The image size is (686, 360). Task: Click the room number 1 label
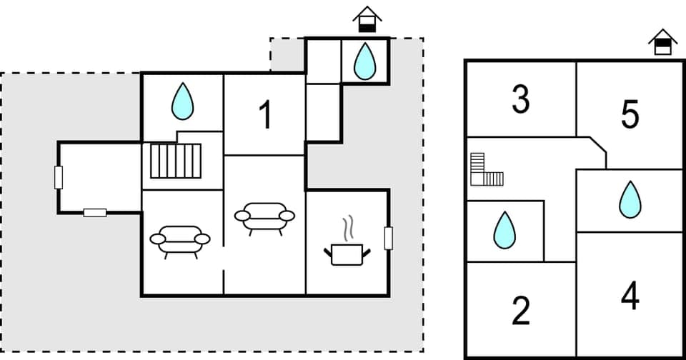click(x=265, y=115)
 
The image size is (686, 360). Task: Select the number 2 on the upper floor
click(x=521, y=310)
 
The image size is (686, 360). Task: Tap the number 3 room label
click(x=521, y=100)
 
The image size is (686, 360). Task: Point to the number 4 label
click(x=630, y=296)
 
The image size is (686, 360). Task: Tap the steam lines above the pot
click(x=348, y=229)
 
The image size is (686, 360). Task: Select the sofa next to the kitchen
click(x=264, y=218)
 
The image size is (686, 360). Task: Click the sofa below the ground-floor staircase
click(x=179, y=241)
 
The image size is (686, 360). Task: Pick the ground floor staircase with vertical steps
click(x=176, y=161)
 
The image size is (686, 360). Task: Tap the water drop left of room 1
click(x=183, y=101)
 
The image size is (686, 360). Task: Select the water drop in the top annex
click(x=365, y=61)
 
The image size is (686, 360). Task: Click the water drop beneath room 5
click(x=630, y=199)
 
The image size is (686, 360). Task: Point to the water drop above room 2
click(x=504, y=230)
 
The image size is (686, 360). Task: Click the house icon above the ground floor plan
click(x=367, y=19)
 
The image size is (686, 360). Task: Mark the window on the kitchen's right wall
click(x=389, y=238)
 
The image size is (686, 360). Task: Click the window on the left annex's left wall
click(x=59, y=176)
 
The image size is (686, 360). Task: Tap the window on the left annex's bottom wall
click(x=95, y=212)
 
